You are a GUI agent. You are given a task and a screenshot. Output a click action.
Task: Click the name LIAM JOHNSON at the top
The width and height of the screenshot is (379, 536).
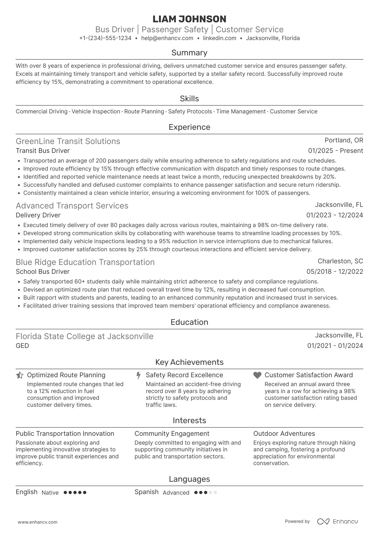click(x=189, y=19)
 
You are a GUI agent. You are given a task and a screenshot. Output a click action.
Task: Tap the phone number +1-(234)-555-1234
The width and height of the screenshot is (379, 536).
click(x=105, y=38)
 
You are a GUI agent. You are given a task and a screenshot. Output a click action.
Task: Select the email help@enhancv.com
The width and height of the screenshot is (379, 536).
click(x=167, y=38)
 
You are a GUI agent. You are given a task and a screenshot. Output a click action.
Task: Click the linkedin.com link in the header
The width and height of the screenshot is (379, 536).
click(x=220, y=38)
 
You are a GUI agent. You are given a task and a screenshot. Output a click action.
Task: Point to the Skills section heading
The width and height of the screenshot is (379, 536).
click(x=189, y=99)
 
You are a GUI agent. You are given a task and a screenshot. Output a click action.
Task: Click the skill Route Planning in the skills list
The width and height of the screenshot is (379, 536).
click(x=144, y=111)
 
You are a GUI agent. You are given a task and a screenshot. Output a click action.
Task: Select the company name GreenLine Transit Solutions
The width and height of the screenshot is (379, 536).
click(x=68, y=141)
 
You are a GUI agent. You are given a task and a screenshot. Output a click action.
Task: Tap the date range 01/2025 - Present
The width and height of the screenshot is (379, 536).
click(x=335, y=151)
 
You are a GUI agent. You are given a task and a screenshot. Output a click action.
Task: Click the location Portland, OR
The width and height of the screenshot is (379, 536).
click(x=344, y=140)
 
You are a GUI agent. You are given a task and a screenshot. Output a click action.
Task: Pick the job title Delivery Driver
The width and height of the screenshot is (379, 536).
click(x=38, y=215)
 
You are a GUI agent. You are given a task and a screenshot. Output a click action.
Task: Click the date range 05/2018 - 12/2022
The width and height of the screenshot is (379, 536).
click(x=335, y=272)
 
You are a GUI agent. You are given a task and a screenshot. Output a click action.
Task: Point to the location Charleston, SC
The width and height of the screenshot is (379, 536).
click(x=340, y=261)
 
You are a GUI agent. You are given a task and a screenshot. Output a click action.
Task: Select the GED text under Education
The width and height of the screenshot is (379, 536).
click(x=22, y=346)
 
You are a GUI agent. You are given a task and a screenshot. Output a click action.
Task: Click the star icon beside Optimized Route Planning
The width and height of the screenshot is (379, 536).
click(x=20, y=375)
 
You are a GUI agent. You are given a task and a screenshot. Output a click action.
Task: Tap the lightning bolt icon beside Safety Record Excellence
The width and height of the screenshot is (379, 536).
click(x=138, y=375)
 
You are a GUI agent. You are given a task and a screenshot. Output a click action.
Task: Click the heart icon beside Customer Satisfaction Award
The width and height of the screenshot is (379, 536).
click(x=257, y=375)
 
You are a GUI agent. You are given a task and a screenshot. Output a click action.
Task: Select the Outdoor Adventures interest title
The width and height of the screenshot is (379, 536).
click(x=284, y=434)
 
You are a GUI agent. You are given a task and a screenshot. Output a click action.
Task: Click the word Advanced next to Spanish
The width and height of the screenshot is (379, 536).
click(x=176, y=493)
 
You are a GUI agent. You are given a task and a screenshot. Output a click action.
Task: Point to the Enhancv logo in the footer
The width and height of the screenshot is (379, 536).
click(x=338, y=521)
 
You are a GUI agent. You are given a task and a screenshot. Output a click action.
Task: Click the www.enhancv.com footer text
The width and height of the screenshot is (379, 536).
click(x=38, y=522)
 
